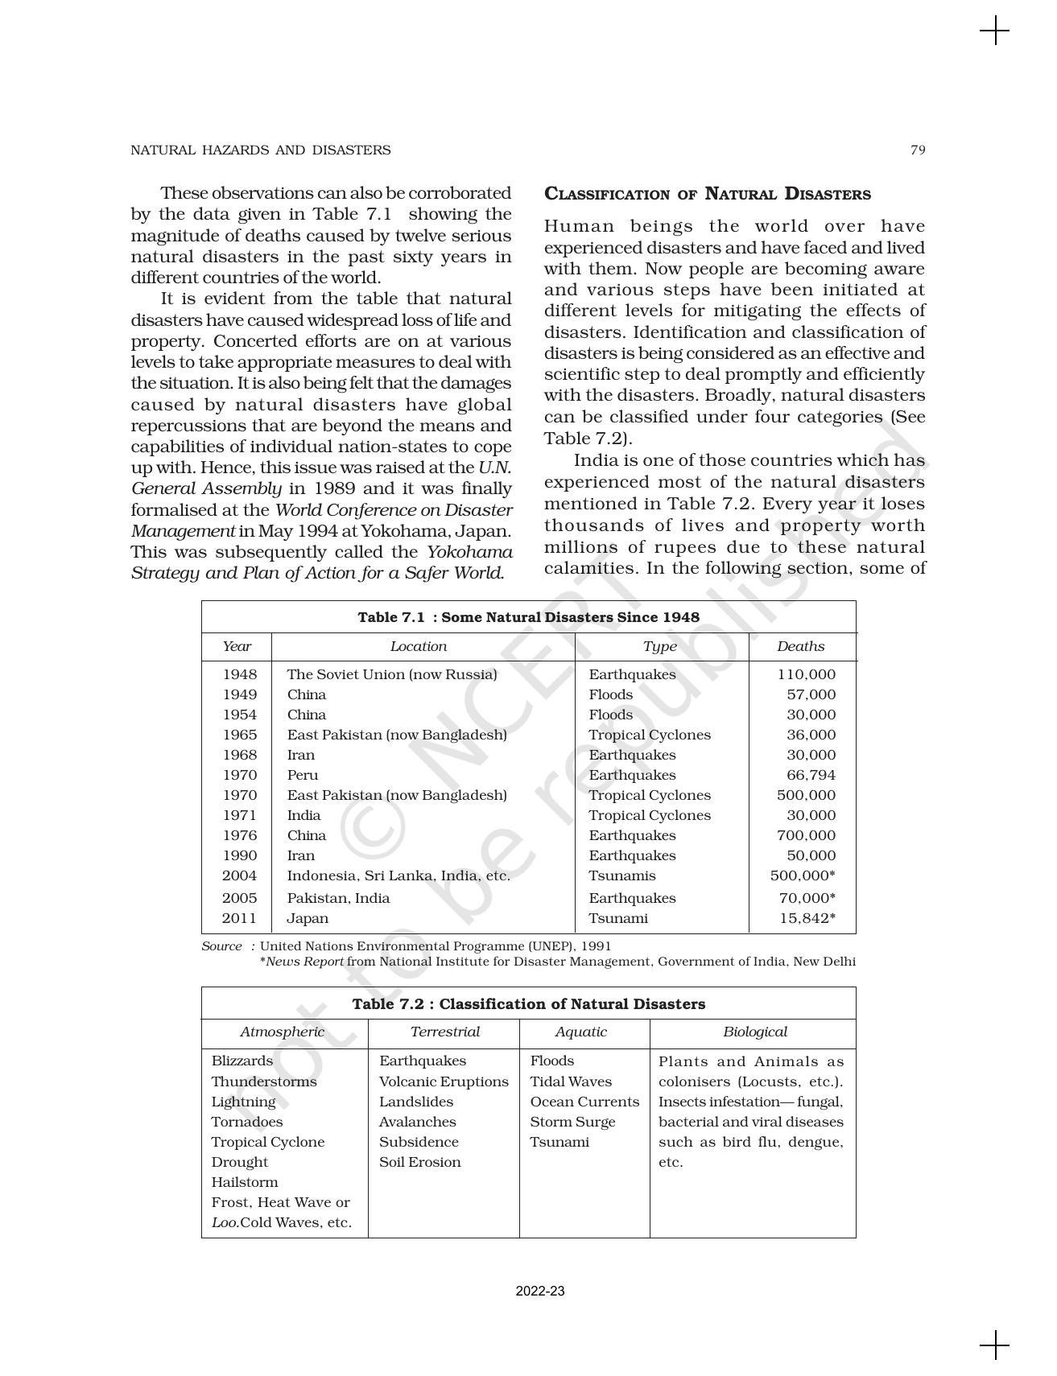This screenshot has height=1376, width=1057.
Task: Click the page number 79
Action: click(x=917, y=150)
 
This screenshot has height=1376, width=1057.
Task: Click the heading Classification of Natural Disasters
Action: click(x=707, y=194)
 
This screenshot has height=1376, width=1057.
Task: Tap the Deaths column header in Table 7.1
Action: click(x=800, y=646)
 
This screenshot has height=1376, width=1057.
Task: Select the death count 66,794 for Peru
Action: click(x=811, y=775)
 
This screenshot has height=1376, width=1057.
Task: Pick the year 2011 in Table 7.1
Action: click(x=240, y=918)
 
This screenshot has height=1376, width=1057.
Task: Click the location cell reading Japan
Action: click(x=308, y=918)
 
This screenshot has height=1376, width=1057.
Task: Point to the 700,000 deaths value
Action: click(x=806, y=835)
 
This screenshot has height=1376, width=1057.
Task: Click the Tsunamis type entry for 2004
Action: click(x=621, y=875)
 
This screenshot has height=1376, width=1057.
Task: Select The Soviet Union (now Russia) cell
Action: click(x=391, y=674)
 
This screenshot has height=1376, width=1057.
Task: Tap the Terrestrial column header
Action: click(x=444, y=1032)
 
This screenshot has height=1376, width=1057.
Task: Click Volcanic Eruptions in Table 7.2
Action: click(x=444, y=1081)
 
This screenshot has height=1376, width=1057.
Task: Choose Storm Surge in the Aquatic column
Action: click(x=572, y=1122)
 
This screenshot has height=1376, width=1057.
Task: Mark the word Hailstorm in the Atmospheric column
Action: click(x=245, y=1182)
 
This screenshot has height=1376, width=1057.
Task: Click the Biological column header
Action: click(x=754, y=1032)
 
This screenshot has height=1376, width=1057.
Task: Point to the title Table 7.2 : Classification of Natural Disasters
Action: click(x=528, y=1003)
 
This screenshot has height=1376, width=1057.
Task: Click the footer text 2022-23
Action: click(x=540, y=1292)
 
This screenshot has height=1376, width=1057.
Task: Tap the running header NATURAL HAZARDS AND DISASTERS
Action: click(x=260, y=150)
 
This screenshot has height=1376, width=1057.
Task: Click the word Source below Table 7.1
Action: click(x=221, y=946)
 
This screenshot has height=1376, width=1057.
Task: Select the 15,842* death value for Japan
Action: click(x=807, y=918)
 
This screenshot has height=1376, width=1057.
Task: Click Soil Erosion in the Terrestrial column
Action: click(x=419, y=1162)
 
